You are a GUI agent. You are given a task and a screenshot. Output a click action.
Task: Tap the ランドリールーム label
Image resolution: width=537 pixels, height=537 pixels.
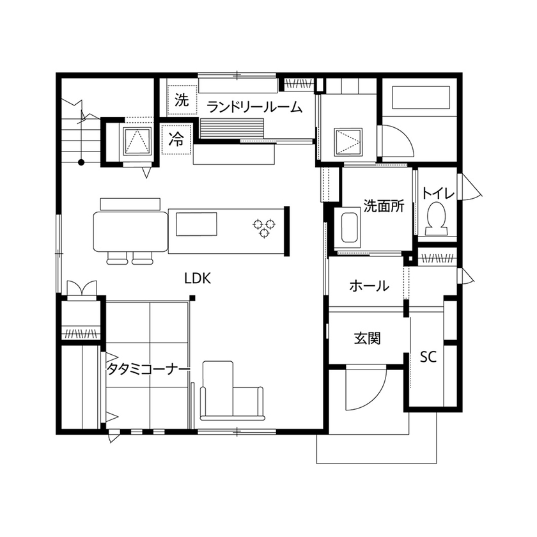254,107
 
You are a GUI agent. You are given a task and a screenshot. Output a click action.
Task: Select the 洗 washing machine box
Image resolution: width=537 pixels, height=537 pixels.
182,100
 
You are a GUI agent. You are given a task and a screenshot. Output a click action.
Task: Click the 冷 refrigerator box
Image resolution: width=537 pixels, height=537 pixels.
176,140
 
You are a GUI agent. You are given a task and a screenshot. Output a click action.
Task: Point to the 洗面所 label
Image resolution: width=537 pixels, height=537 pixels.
384,206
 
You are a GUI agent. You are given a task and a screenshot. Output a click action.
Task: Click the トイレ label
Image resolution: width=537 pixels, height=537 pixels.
438,192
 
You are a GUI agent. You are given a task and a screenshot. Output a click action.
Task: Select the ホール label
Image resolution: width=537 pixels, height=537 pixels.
369,286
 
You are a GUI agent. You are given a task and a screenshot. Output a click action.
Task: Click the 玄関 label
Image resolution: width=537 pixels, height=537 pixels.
367,338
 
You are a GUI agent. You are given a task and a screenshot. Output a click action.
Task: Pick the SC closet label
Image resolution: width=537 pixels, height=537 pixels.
428,357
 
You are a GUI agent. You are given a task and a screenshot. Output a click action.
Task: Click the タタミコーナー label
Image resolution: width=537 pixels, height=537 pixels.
148,370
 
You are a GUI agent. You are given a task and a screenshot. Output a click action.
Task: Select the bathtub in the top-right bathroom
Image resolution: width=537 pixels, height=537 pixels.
422,100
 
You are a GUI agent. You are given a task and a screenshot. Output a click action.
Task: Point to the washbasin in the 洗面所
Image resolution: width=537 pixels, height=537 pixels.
348,227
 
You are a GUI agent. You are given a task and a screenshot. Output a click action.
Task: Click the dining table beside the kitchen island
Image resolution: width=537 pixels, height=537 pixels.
130,231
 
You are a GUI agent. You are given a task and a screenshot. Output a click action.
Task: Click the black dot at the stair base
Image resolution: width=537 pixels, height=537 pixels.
81,162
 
